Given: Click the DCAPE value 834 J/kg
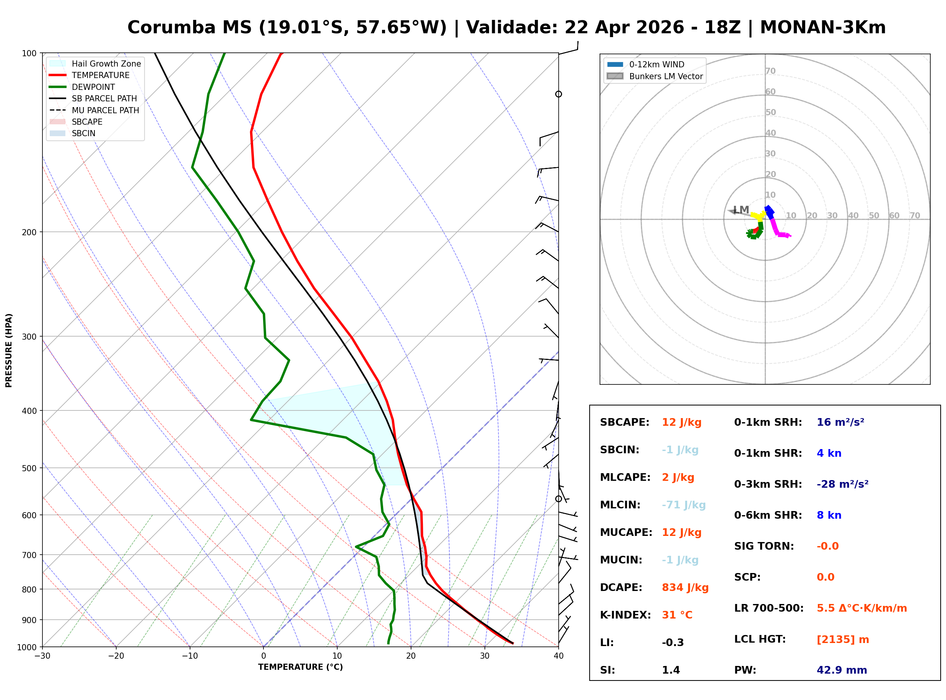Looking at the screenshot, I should coord(685,588).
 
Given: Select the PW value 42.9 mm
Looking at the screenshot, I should coord(841,670).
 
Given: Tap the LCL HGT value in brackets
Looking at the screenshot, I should coord(843,640).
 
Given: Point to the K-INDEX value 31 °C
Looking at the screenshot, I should coord(677,615).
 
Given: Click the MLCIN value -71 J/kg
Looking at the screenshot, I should coord(683,505).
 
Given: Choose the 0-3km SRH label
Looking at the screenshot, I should coord(768,484).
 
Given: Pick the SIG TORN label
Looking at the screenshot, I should coord(764,546).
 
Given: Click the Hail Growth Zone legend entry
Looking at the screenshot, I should coord(106,63).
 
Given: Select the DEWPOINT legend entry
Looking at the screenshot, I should coord(93,87).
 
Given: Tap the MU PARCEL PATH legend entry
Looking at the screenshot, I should coord(105,110).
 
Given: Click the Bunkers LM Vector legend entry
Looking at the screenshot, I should coord(666,76).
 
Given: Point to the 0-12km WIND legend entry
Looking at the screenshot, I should coord(657,64).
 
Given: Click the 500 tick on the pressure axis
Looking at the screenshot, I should coord(29,468).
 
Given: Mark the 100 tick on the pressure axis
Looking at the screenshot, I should coord(29,54).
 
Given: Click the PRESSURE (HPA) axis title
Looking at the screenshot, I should coord(9,350).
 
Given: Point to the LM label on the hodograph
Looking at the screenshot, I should coord(741,210).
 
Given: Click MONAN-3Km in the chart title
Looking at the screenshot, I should coord(822,28).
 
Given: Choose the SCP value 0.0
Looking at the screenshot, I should coord(825,577).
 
